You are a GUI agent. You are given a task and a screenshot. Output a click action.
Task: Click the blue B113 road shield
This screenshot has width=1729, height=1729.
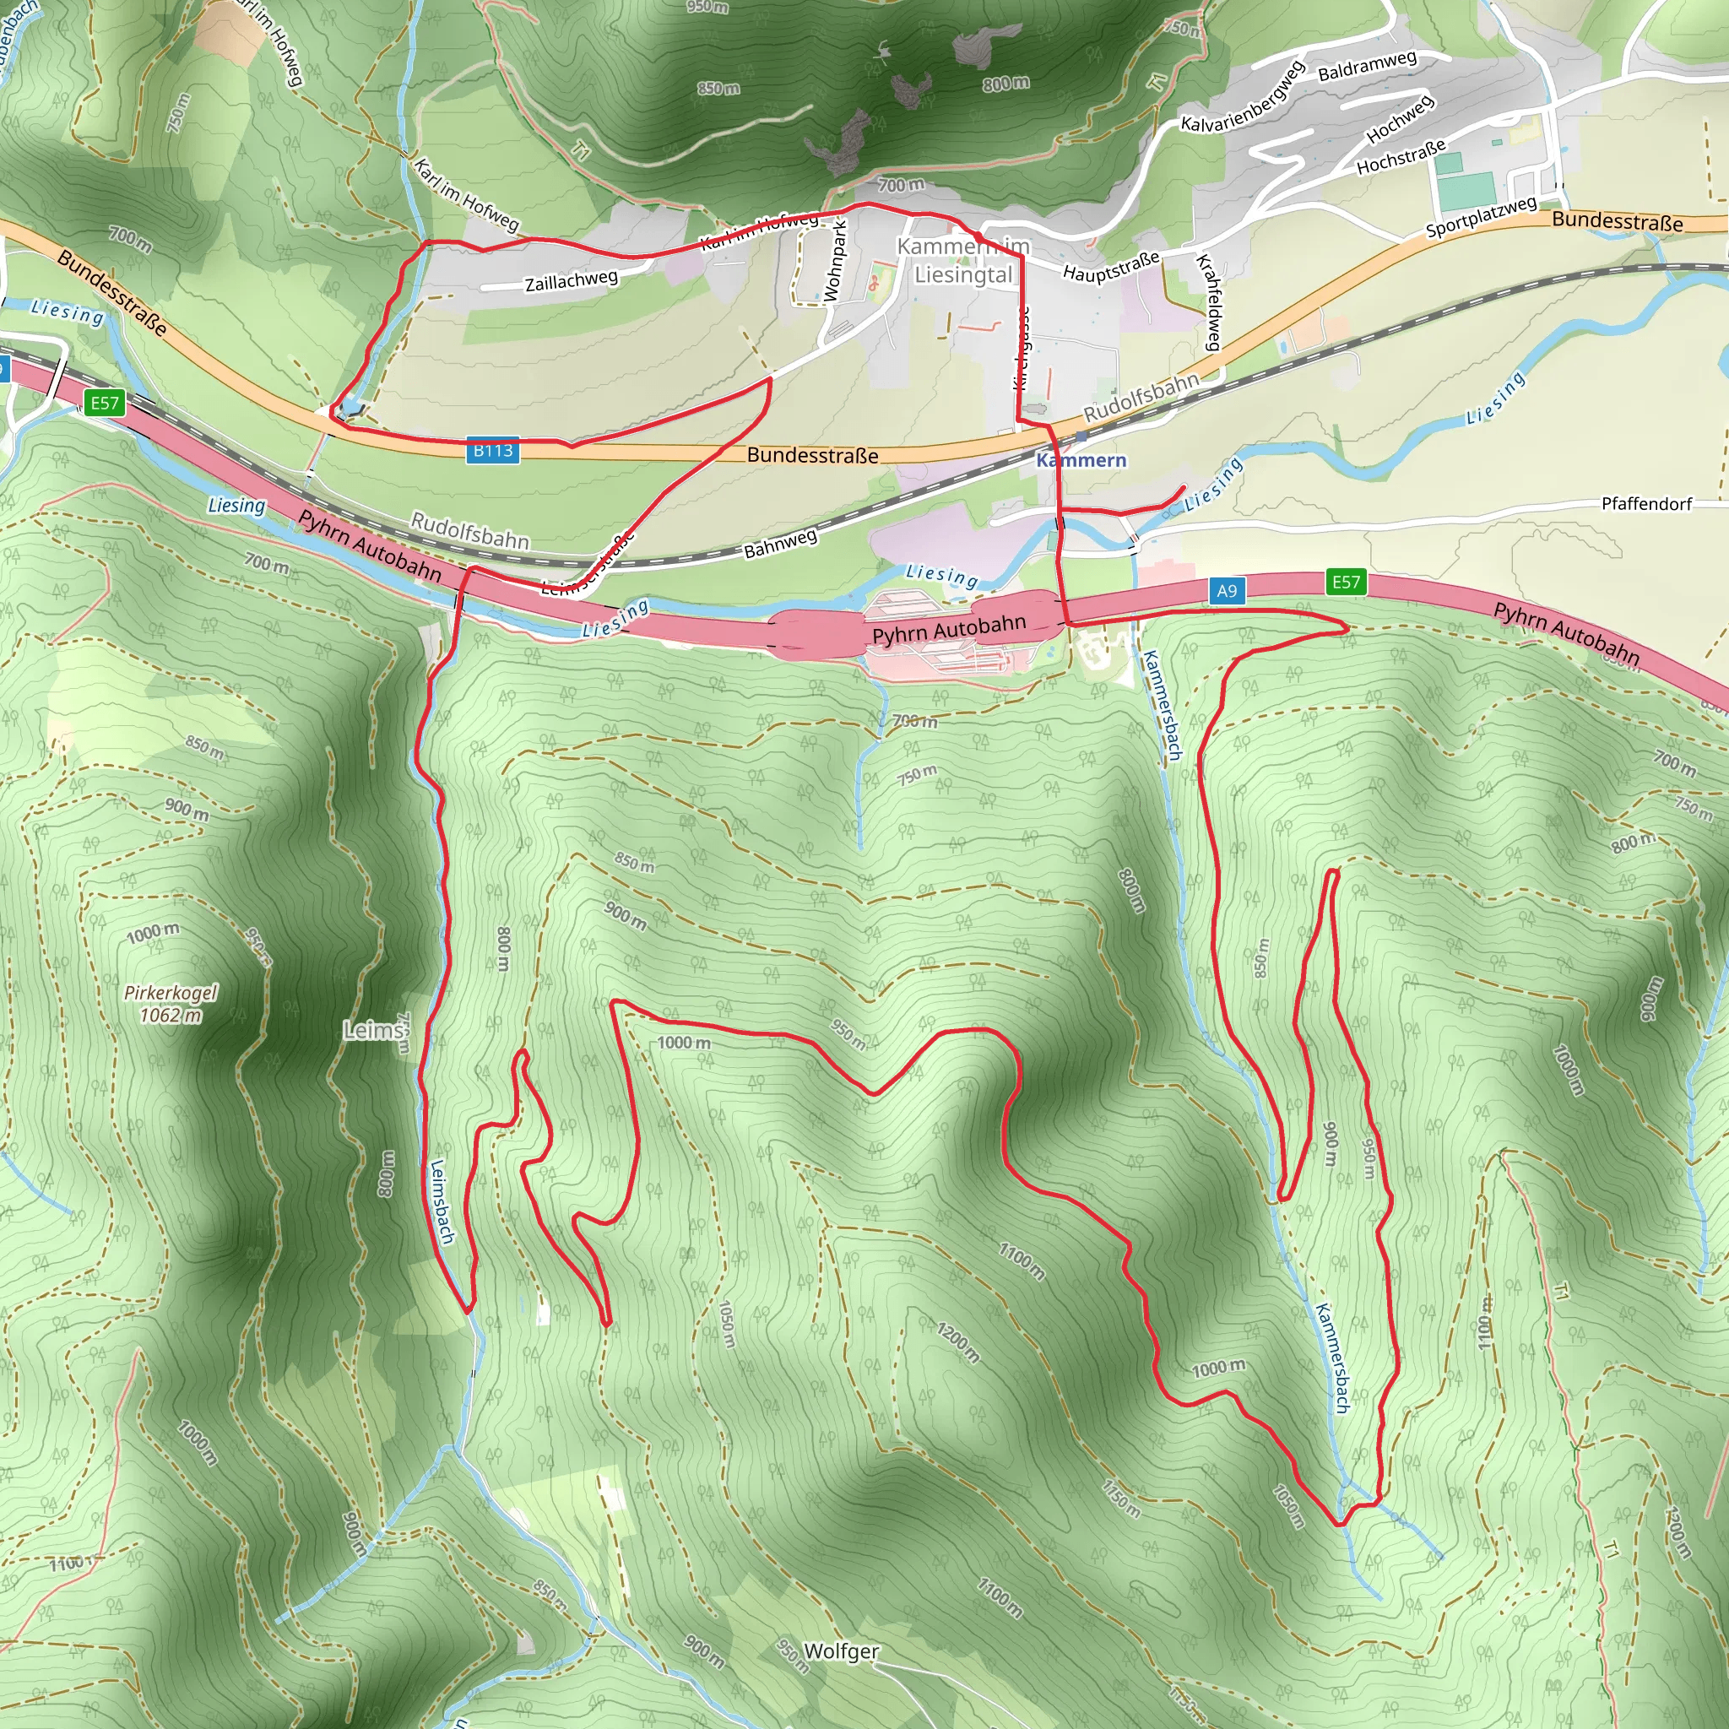click(492, 450)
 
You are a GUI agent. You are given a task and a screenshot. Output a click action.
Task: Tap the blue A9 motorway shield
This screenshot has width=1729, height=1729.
click(1226, 591)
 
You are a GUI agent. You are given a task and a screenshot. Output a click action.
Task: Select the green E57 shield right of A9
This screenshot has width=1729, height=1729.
click(1345, 583)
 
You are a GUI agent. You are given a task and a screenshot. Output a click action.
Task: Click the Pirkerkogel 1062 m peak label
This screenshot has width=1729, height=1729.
click(170, 1004)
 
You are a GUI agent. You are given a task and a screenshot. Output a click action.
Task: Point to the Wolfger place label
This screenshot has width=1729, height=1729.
click(841, 1651)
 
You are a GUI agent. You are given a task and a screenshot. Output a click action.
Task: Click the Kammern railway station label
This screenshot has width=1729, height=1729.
click(1081, 460)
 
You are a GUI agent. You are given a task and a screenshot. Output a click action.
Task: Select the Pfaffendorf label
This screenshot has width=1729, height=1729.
click(1645, 504)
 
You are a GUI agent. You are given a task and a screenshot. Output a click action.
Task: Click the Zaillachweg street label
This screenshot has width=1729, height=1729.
click(571, 281)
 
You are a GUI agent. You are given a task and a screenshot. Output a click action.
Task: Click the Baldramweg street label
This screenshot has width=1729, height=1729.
click(1367, 65)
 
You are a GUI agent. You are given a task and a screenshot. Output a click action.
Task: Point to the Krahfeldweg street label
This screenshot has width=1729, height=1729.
click(1209, 302)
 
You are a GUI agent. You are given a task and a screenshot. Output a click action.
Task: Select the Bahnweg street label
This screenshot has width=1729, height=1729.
click(780, 543)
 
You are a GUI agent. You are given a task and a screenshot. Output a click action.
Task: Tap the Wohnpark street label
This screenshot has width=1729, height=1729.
click(834, 262)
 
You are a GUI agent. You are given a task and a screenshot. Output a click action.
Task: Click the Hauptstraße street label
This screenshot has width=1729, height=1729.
click(1111, 266)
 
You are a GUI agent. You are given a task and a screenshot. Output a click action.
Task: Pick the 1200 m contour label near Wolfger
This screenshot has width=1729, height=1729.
click(957, 1341)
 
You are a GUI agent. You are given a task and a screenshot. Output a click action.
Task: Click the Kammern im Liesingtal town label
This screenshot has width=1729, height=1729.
click(963, 260)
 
